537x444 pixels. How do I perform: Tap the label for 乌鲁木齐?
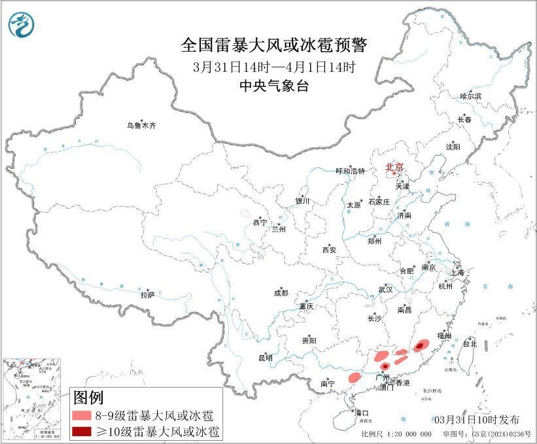[142, 126]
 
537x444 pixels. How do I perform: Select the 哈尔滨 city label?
[470, 96]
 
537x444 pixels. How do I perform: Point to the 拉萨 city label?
[147, 295]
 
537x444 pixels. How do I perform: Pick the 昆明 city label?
[265, 358]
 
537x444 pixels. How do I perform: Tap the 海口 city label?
[362, 413]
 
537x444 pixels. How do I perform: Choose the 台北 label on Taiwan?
[470, 343]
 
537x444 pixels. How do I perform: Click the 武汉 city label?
[385, 289]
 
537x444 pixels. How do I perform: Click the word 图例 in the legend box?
[88, 397]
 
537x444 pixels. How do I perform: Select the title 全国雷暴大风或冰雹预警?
[274, 46]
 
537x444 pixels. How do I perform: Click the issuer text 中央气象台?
[274, 85]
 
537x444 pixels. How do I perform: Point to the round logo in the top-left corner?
[21, 25]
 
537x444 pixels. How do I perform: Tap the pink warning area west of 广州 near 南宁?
[354, 377]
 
